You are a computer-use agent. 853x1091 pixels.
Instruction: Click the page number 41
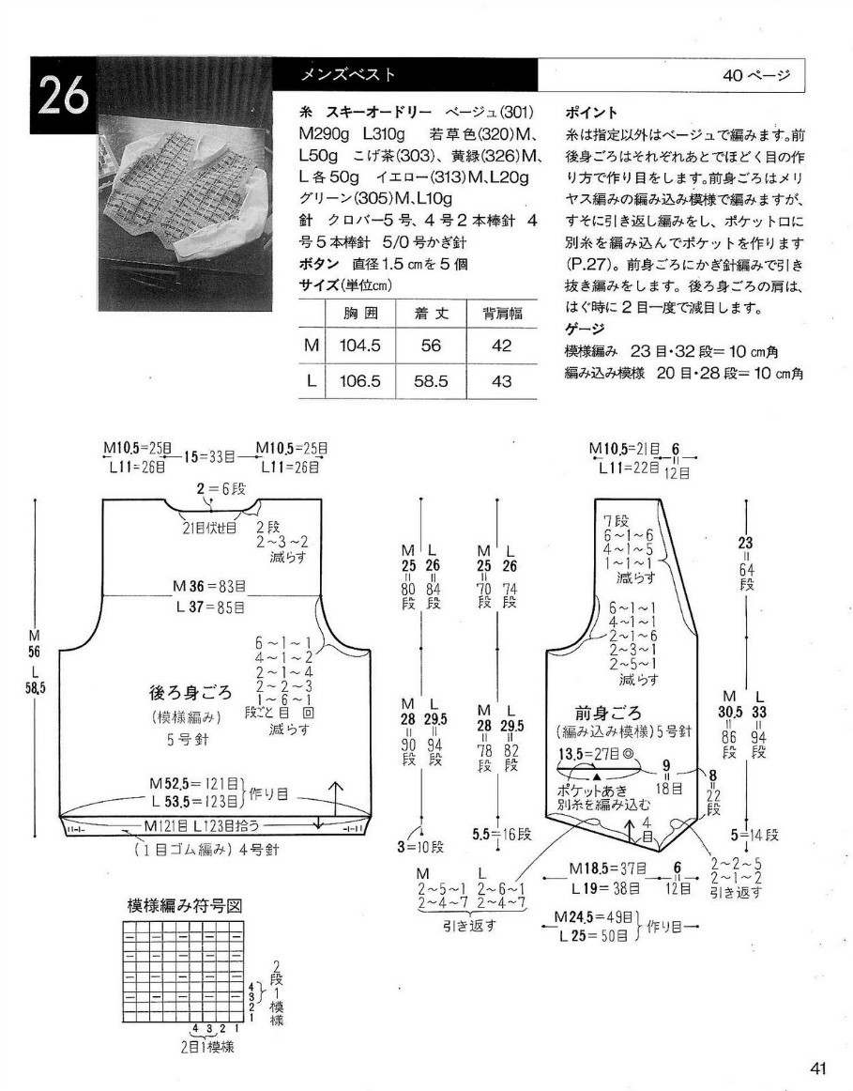tap(817, 1068)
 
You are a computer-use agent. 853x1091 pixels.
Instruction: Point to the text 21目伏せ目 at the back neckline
tap(208, 528)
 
